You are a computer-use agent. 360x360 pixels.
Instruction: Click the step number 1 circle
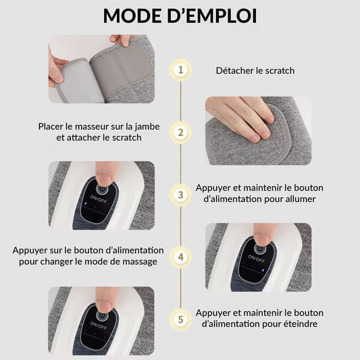[x=181, y=70]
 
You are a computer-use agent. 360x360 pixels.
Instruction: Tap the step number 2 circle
[x=181, y=132]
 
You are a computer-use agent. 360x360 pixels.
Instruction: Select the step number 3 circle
[x=181, y=195]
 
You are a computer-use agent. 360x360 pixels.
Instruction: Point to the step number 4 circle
[x=181, y=257]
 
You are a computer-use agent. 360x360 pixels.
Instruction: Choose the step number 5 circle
[x=181, y=319]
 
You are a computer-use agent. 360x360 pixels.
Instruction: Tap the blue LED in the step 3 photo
[x=84, y=203]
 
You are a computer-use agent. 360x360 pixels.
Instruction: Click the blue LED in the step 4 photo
[x=262, y=271]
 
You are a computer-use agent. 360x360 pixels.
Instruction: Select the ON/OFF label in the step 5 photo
[x=99, y=326]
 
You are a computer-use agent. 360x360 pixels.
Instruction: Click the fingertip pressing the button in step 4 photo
[x=262, y=238]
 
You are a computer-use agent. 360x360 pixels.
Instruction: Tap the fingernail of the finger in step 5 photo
[x=105, y=305]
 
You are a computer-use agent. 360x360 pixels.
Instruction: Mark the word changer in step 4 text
[x=61, y=262]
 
